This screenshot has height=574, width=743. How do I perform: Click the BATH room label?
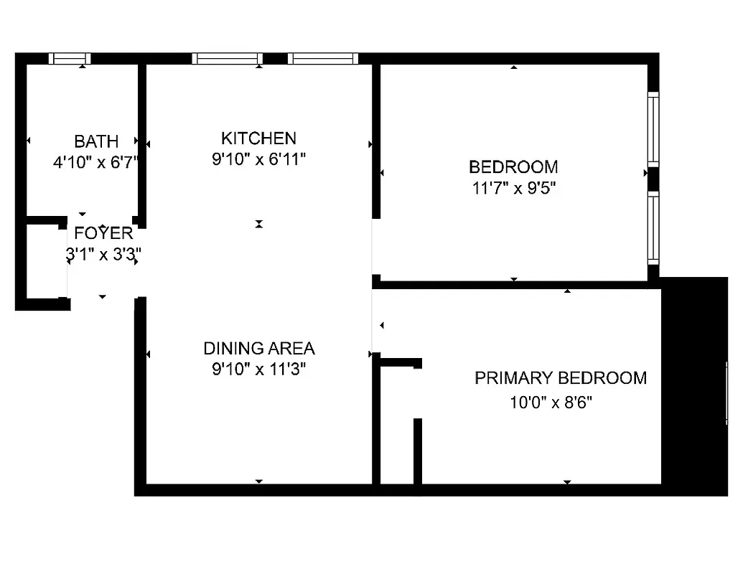(x=96, y=141)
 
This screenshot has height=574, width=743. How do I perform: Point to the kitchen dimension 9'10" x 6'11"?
(x=258, y=159)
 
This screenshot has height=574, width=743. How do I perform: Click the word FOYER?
(x=104, y=233)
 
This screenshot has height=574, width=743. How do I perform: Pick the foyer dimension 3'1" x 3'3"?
(x=103, y=253)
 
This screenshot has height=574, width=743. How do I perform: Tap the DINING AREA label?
(x=259, y=349)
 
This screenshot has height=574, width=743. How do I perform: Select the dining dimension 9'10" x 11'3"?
(x=259, y=370)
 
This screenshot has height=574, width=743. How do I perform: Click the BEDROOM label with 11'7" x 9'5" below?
(x=513, y=167)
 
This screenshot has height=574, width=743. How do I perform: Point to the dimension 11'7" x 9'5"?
(x=513, y=189)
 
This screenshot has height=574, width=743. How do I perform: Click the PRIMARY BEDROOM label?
(x=561, y=378)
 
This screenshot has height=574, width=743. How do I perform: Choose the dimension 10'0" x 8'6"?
(x=551, y=403)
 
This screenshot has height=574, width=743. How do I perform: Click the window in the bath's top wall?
(x=70, y=59)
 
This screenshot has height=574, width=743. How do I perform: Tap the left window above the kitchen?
(x=228, y=59)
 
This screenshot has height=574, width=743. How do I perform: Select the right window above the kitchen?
(x=322, y=59)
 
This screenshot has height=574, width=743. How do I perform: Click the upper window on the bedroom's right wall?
(x=653, y=130)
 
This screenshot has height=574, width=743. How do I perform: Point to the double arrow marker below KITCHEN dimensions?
(x=259, y=225)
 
